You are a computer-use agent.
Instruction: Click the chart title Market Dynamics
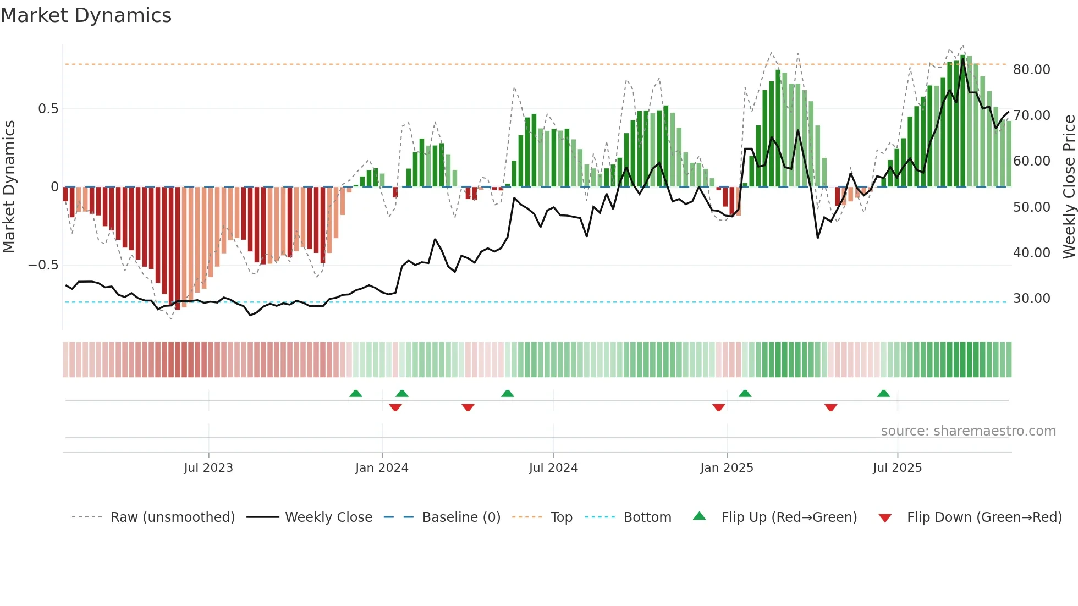pos(86,15)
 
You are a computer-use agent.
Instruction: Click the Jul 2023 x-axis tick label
pos(208,468)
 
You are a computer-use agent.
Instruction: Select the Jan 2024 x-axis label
pos(382,468)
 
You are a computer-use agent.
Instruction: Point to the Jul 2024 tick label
pos(553,468)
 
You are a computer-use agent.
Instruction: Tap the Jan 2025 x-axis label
pos(727,468)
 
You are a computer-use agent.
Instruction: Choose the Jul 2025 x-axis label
pos(897,468)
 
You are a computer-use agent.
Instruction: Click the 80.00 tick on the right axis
pos(1031,70)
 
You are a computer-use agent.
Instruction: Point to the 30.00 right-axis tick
pos(1031,299)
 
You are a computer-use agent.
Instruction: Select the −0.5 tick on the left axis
pos(43,265)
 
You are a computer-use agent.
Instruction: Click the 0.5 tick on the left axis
pos(48,109)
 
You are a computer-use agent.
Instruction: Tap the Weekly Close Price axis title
pos(1069,187)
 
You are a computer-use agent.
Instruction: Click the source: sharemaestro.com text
pos(968,431)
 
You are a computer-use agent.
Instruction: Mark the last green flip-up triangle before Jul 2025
pos(883,394)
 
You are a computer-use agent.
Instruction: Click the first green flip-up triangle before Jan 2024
pos(356,394)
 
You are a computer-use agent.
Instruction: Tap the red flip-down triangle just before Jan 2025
pos(718,407)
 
